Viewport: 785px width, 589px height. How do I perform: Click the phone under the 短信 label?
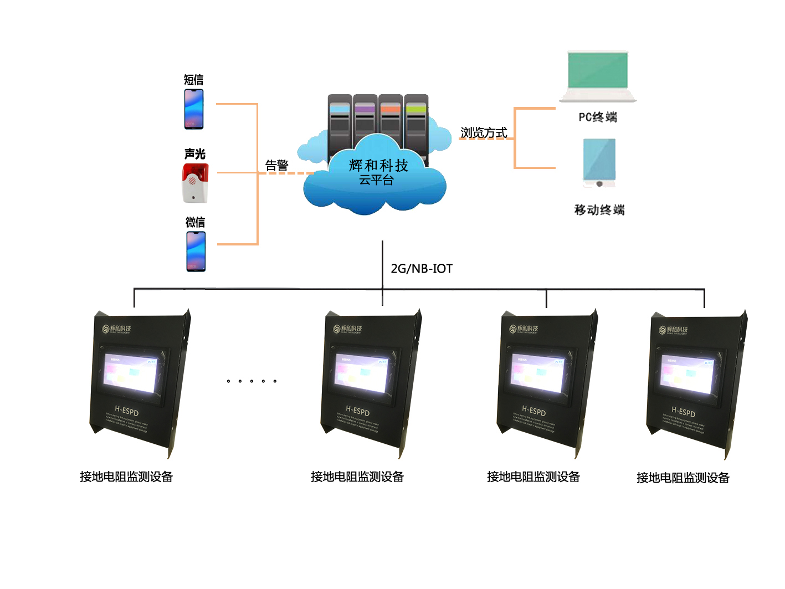[x=194, y=109]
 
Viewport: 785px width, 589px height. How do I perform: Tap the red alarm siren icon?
[x=195, y=182]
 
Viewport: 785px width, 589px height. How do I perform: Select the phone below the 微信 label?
[x=196, y=251]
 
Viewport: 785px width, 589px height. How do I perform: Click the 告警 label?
[x=277, y=165]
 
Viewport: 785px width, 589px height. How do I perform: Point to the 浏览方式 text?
[x=484, y=133]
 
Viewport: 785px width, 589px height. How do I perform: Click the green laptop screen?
[x=598, y=70]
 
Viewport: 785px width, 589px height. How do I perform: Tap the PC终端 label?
[x=598, y=117]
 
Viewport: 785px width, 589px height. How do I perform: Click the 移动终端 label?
[x=599, y=210]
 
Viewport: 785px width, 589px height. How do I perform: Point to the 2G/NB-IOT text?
[x=422, y=269]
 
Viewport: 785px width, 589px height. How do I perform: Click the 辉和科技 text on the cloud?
[x=378, y=165]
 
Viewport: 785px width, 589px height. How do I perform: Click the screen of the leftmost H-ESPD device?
[x=131, y=372]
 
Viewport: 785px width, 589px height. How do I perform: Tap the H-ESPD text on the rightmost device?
[x=683, y=412]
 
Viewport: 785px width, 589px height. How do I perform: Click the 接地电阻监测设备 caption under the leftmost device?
[x=126, y=477]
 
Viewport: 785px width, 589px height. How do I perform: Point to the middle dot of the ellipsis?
[x=252, y=381]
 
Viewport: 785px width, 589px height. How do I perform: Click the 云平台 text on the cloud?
[x=376, y=180]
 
